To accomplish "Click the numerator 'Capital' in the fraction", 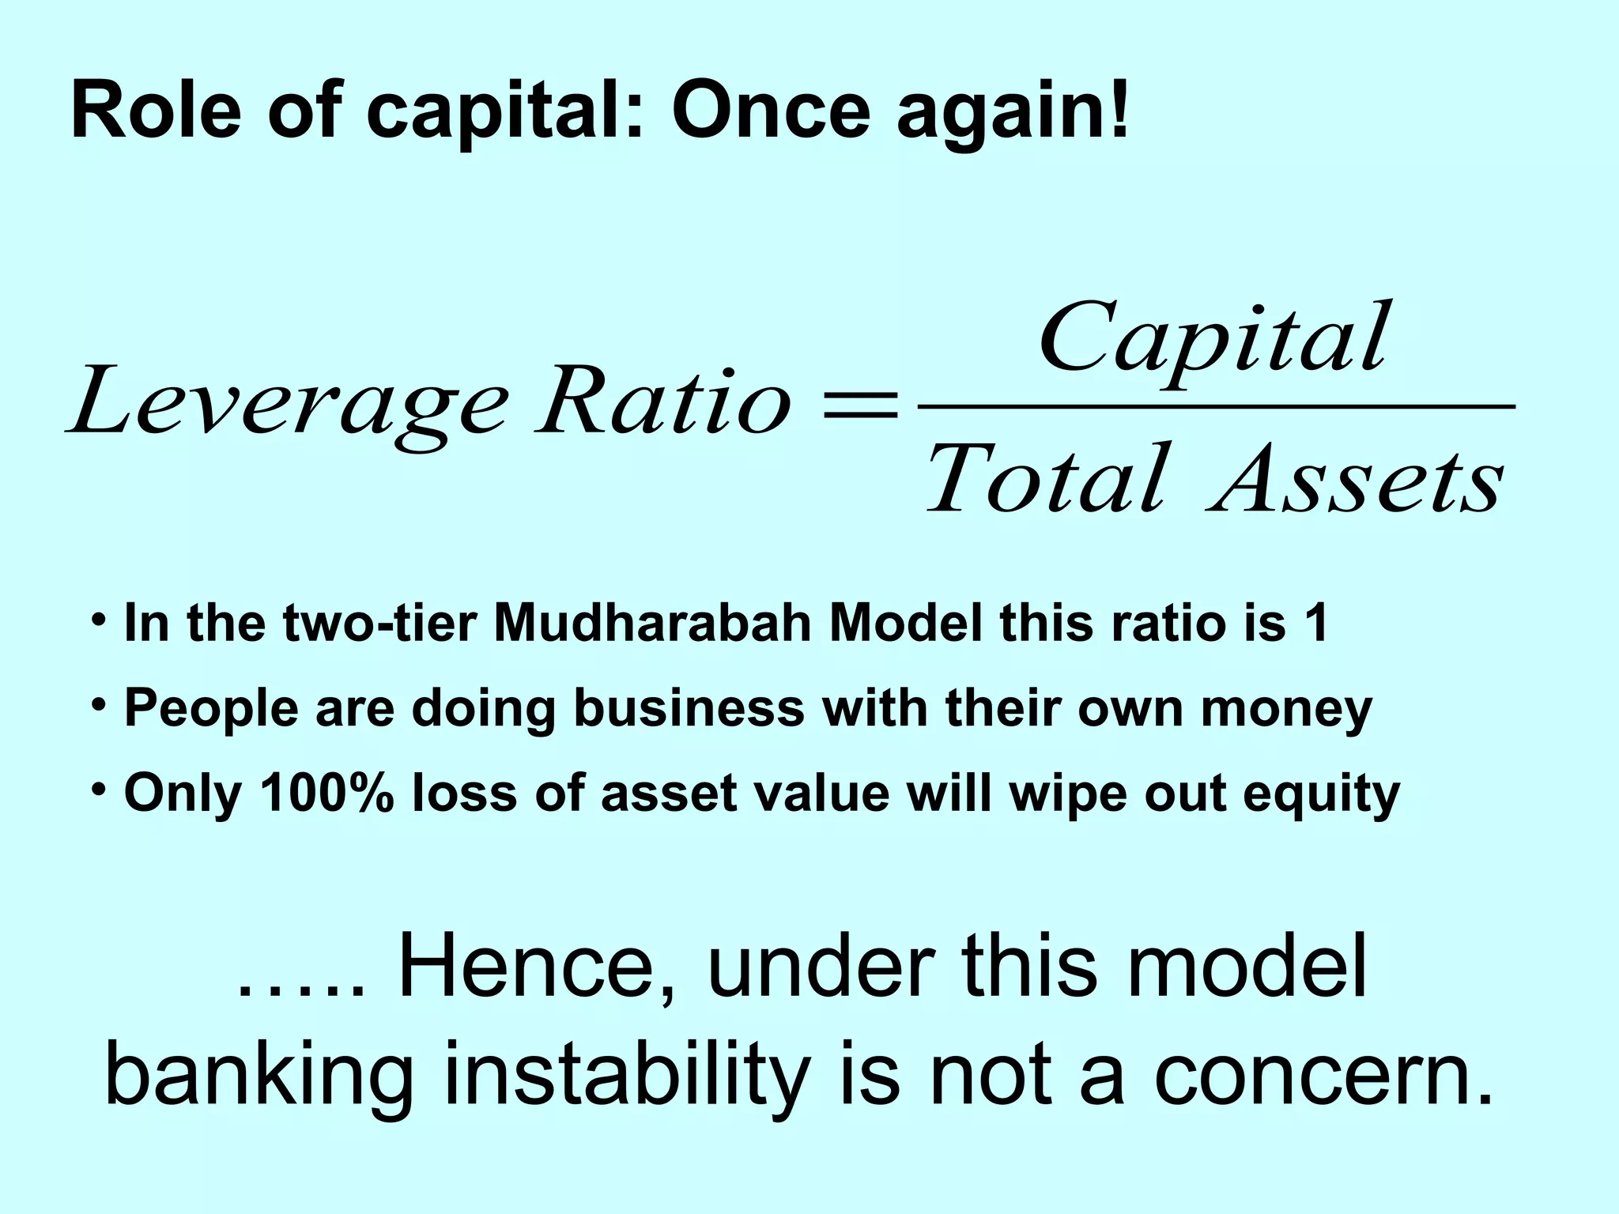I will [1213, 340].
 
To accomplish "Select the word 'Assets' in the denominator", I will [1357, 479].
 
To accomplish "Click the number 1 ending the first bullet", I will [1316, 623].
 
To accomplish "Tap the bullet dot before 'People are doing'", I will [98, 703].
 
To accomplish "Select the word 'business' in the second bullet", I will [689, 707].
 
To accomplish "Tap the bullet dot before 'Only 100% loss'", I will [98, 788].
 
